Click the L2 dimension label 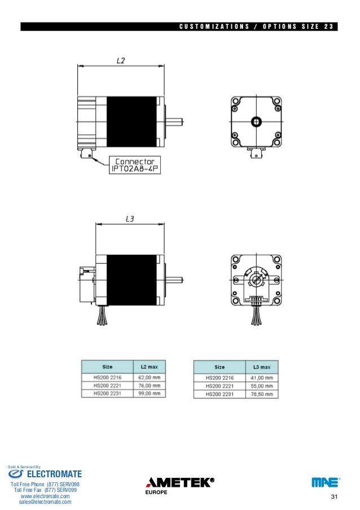point(121,60)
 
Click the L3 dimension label point(130,219)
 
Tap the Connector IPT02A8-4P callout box point(135,165)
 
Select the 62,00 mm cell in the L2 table point(150,378)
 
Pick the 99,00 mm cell point(150,394)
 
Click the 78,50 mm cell point(262,394)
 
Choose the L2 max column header point(150,367)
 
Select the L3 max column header point(262,367)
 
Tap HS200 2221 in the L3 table point(219,386)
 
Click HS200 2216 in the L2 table point(107,378)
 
